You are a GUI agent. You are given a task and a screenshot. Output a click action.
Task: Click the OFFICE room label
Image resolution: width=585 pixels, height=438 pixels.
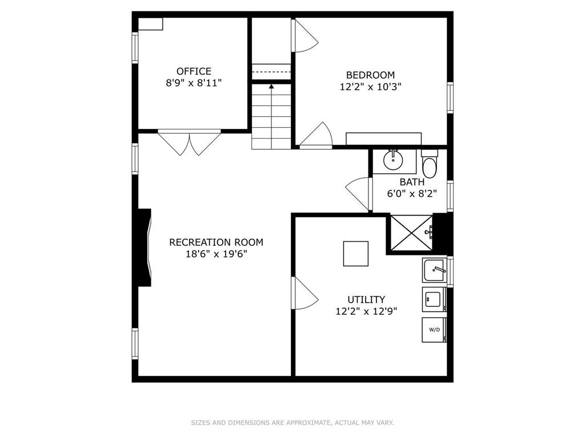pos(194,71)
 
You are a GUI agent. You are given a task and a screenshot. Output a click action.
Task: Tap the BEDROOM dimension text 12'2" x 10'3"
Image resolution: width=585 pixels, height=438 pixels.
pos(370,87)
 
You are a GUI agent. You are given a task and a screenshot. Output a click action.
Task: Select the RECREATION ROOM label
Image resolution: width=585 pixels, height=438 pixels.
pos(217,242)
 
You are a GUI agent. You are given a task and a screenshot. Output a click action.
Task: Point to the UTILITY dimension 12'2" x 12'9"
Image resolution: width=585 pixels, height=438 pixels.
pos(366,311)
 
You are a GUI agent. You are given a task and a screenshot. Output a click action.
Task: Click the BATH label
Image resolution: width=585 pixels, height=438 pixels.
pos(412,182)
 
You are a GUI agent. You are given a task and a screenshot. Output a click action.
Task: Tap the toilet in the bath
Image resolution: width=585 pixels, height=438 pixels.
pos(430,164)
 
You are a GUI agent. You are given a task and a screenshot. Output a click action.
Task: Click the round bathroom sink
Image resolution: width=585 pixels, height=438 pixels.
pos(393,160)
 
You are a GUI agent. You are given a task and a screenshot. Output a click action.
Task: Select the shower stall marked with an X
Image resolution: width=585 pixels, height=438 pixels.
pos(411,233)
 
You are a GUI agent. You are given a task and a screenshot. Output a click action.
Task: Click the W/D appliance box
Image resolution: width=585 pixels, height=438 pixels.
pos(434,330)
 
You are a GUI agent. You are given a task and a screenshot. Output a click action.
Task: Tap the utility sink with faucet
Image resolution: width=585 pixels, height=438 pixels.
pos(435,270)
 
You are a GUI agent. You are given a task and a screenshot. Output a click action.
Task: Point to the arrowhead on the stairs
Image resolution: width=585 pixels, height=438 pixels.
pos(271,87)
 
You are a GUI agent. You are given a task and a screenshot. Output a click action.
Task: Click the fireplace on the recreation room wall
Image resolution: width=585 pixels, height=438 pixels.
pos(145,248)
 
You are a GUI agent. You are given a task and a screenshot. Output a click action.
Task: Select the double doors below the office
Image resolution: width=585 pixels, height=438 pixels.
pos(190,142)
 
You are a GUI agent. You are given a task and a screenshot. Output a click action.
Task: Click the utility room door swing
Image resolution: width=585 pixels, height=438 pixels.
pos(304,293)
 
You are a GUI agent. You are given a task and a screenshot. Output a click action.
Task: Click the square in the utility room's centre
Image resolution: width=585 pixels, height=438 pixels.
pos(356,254)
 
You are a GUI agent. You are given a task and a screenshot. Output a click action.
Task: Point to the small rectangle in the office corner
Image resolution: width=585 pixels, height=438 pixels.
pos(151,24)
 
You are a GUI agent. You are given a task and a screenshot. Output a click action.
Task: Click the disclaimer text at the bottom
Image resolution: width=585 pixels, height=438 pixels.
pos(292,423)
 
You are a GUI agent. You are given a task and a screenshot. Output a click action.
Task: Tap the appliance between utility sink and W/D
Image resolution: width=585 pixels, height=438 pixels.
pos(434,299)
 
